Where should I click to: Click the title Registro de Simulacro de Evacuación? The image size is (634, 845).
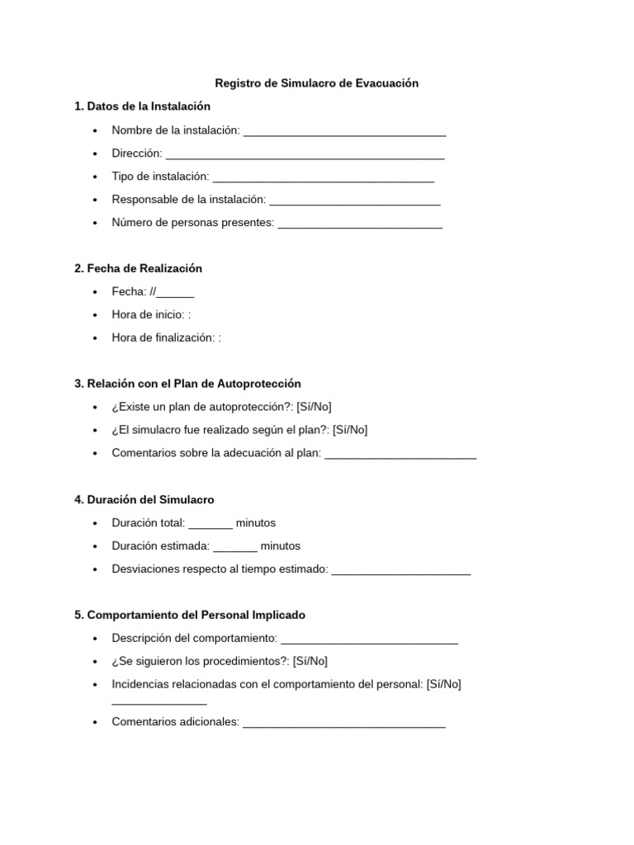click(316, 83)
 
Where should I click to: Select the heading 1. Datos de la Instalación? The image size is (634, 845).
click(142, 106)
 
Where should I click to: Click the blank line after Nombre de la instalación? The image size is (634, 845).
click(344, 131)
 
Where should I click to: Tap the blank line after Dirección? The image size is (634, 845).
click(305, 154)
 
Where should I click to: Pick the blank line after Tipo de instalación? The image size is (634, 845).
click(324, 177)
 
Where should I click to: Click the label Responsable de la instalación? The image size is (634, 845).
click(188, 200)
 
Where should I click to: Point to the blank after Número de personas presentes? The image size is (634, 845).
click(360, 224)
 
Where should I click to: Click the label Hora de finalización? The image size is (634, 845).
click(163, 338)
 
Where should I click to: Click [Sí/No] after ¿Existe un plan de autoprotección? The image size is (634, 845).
click(314, 407)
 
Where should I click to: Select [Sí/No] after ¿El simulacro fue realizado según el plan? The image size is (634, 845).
click(350, 430)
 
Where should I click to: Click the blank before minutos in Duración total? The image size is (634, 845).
click(211, 524)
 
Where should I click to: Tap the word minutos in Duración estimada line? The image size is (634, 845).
click(280, 545)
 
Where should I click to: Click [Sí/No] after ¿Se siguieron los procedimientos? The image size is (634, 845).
click(310, 661)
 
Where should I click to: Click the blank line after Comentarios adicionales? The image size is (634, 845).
click(344, 724)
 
